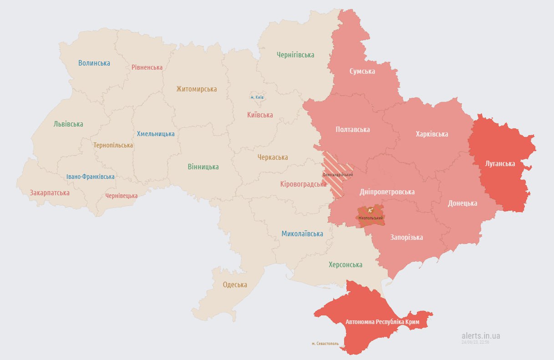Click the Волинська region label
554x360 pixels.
tap(94, 63)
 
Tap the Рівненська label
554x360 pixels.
tap(147, 67)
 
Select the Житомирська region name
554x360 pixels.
tap(197, 89)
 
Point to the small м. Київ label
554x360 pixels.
tap(257, 97)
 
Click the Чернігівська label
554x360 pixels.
tap(295, 55)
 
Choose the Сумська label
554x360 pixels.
tap(362, 71)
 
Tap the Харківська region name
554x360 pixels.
tap(432, 134)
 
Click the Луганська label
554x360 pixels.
tap(500, 163)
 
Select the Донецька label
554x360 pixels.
tap(463, 203)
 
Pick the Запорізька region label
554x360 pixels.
tap(407, 237)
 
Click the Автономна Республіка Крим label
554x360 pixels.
tap(386, 322)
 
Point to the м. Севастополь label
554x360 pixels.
tap(325, 344)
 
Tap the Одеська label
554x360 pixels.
tap(235, 285)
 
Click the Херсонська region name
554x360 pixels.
tap(346, 264)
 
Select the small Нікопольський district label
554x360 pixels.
tap(370, 218)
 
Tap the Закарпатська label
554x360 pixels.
tap(50, 193)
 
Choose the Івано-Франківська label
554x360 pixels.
tap(90, 177)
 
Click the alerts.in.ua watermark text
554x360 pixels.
tap(480, 335)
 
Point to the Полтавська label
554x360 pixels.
tap(352, 129)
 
